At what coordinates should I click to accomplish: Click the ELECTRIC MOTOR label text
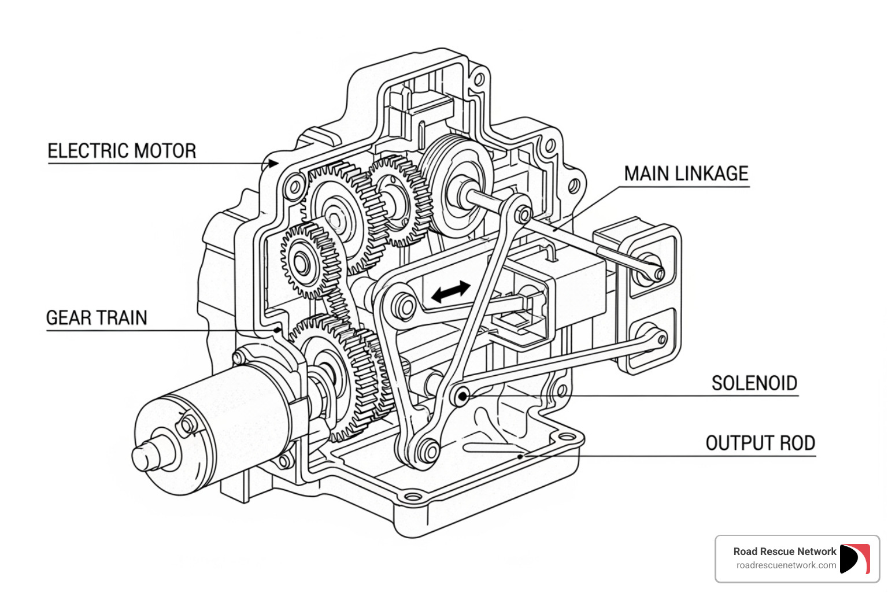(122, 151)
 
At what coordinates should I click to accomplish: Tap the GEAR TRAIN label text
(97, 318)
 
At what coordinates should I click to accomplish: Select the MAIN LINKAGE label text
(686, 173)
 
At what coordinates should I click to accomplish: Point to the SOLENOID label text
(754, 383)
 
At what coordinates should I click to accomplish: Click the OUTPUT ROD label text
(760, 443)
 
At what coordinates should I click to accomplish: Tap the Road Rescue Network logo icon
(854, 559)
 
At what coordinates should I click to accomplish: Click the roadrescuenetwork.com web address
(786, 565)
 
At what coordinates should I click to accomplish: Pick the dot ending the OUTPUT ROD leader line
(520, 456)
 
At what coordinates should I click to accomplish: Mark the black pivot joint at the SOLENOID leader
(461, 396)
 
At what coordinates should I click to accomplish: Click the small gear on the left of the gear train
(302, 261)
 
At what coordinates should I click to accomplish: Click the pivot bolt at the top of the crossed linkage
(523, 215)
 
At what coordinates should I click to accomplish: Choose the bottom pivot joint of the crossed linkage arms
(428, 450)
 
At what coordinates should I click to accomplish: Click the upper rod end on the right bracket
(657, 272)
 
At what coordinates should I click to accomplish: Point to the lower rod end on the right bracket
(660, 339)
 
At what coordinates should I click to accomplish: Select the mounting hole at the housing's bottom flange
(413, 497)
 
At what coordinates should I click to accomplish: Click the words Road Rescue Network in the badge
(785, 552)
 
